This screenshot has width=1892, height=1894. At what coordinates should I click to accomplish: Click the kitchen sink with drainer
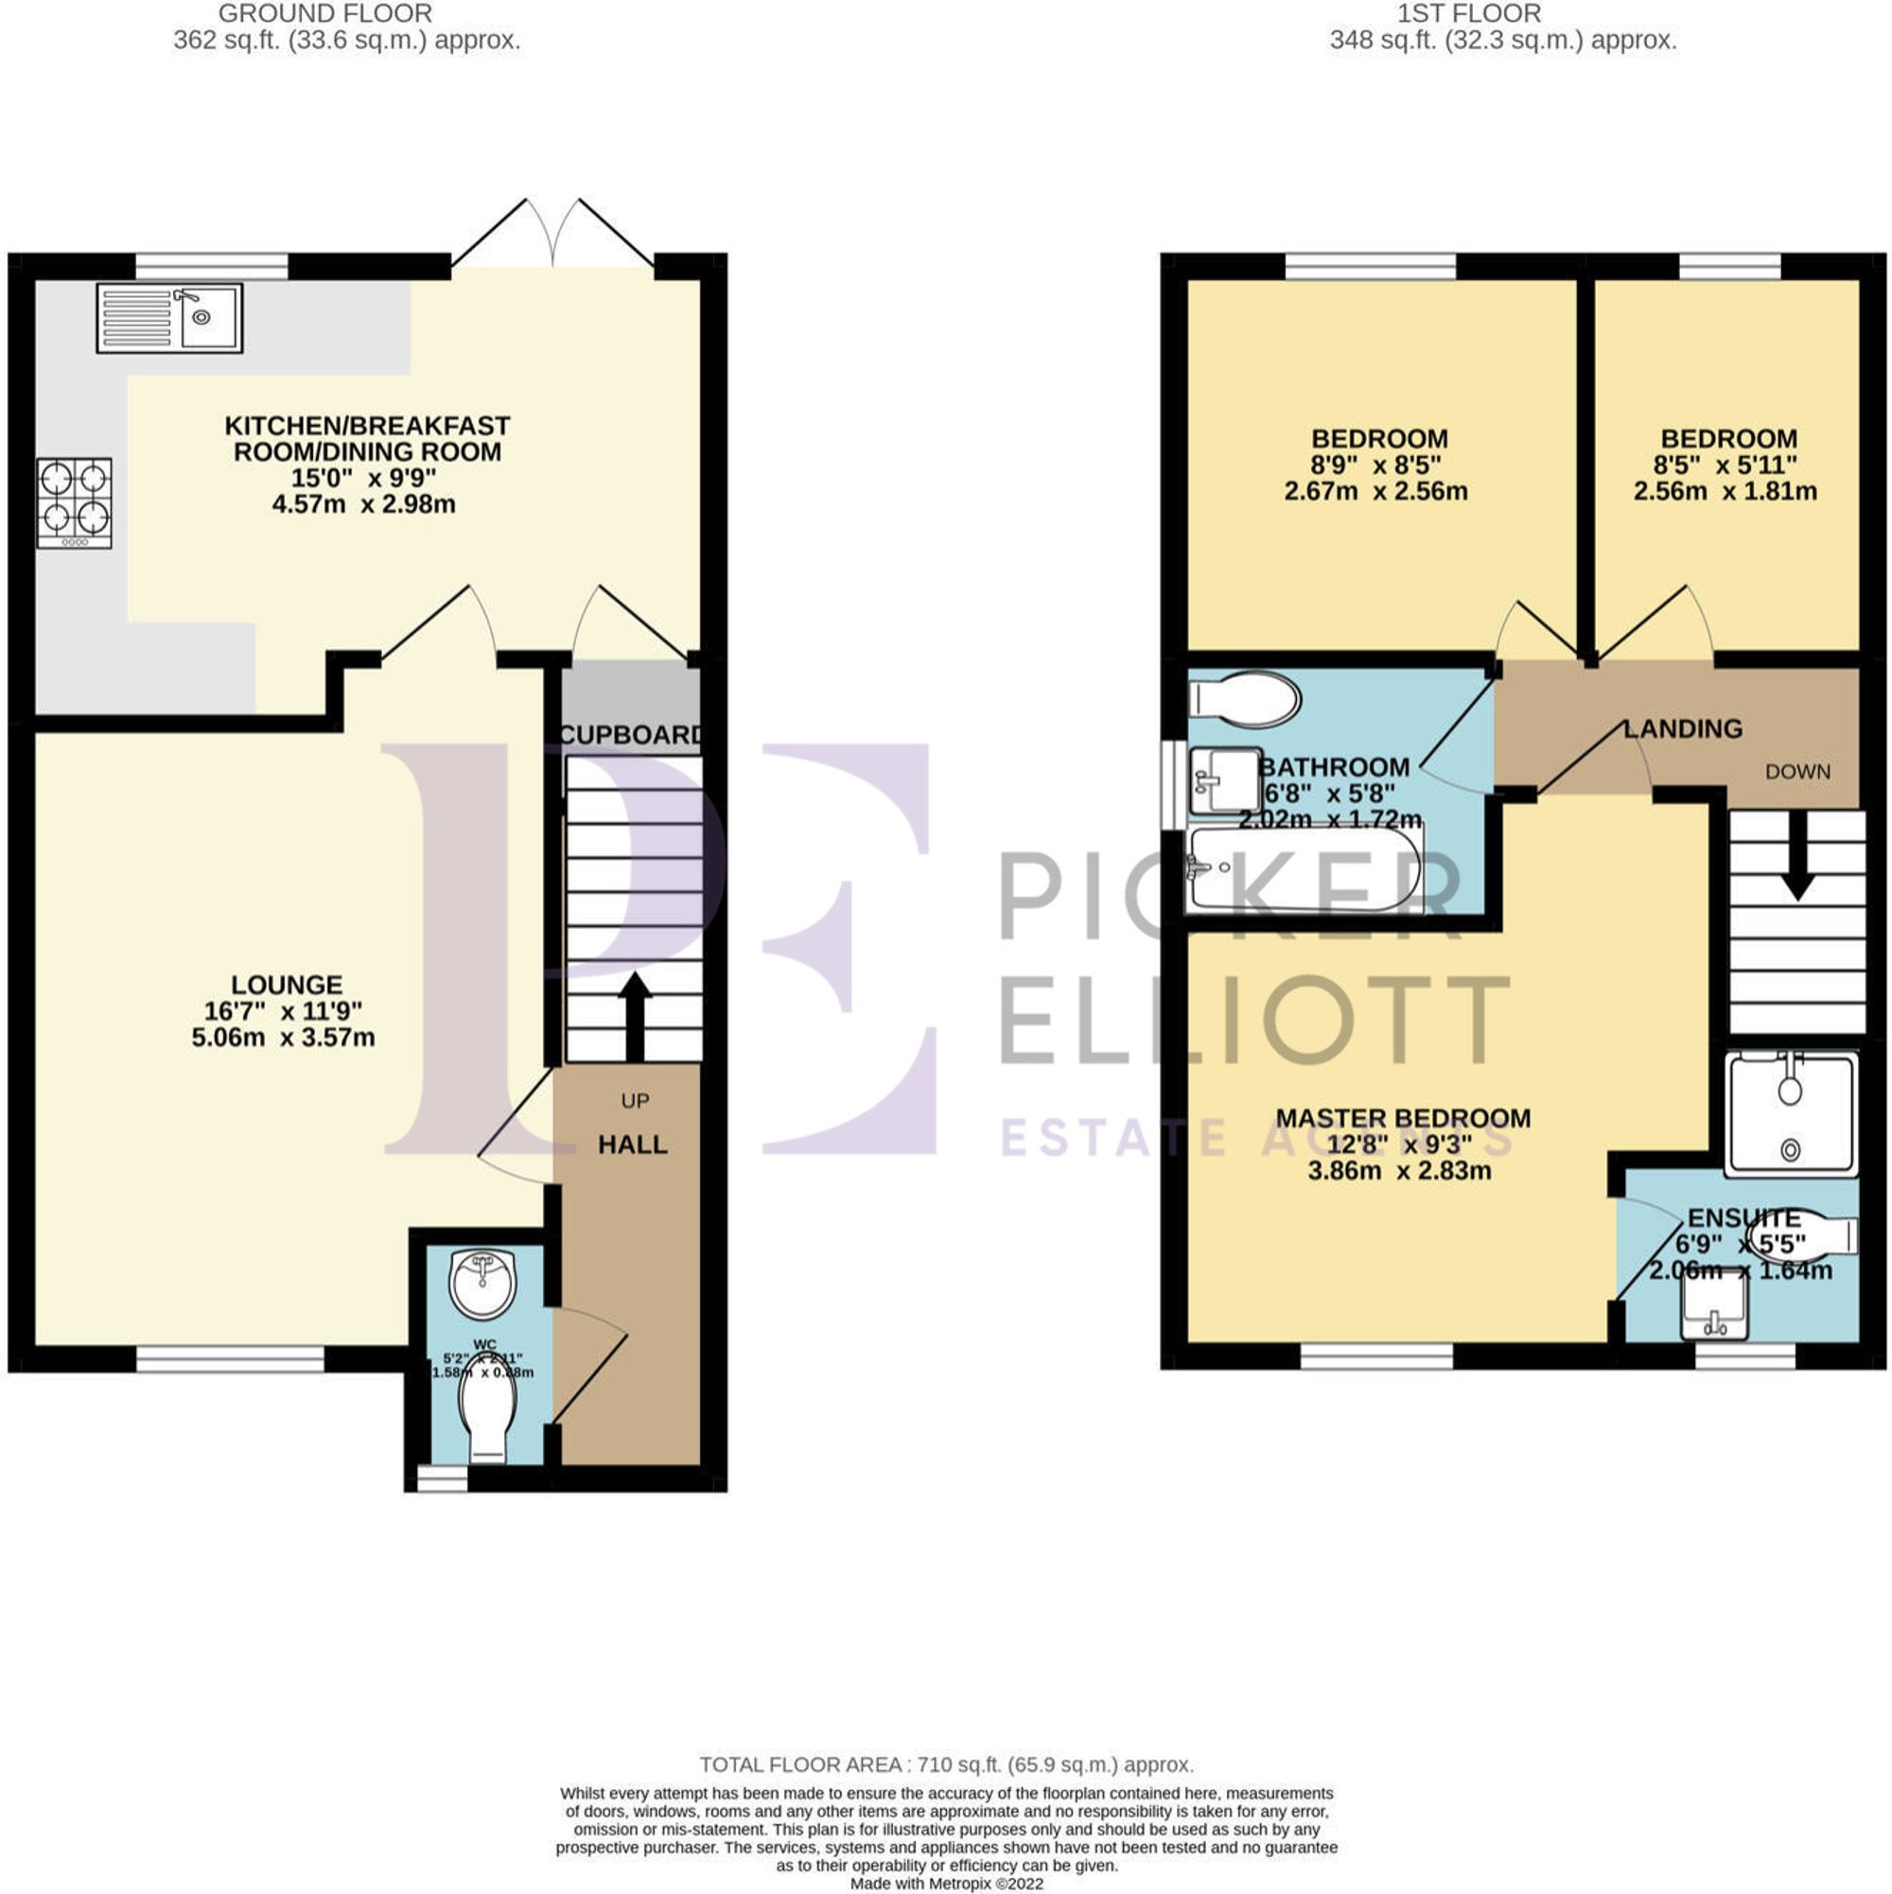168,318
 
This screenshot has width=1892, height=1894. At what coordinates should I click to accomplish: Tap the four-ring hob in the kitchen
75,503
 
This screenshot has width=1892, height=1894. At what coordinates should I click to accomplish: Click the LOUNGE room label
287,984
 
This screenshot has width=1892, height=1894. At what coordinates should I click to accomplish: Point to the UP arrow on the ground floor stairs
634,1016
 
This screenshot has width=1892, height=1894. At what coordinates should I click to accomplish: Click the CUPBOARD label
631,735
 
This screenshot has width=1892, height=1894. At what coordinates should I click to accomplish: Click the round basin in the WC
482,1283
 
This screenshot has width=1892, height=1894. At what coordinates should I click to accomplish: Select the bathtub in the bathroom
1303,868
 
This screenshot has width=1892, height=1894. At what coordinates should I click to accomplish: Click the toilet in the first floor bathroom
1245,700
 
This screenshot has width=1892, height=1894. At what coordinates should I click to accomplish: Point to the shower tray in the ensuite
1791,1114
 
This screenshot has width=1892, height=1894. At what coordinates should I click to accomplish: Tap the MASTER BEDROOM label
1403,1118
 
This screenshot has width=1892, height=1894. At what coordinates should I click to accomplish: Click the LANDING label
1683,729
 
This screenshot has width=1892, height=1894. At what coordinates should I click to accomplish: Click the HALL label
632,1144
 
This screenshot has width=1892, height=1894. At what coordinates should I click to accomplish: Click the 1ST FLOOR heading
1502,14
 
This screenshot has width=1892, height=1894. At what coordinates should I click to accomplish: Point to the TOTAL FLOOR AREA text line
946,1765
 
